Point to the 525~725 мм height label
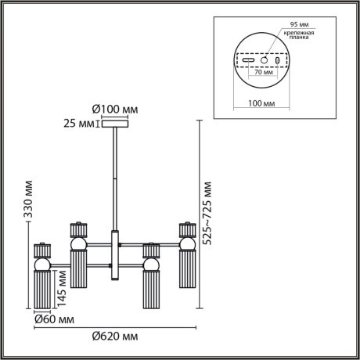208,214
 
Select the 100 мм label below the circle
262,102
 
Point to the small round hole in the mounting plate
265,60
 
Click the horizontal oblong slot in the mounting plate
248,61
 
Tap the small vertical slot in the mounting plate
279,60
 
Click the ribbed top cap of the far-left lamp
41,251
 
